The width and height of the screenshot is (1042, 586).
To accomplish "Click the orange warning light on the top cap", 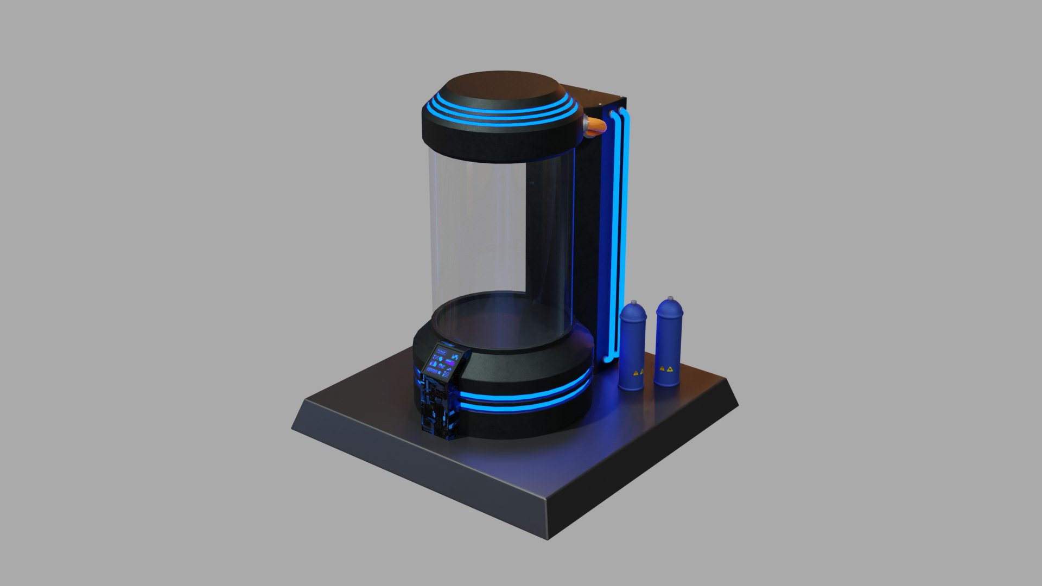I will click(x=595, y=125).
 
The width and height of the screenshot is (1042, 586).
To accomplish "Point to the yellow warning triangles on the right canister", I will click(x=666, y=369).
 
